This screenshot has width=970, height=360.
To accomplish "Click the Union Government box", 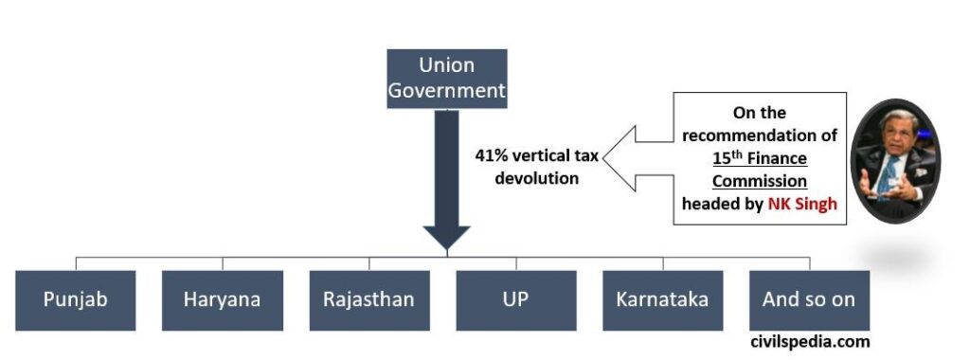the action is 447,79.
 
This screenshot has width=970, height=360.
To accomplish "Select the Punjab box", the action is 76,299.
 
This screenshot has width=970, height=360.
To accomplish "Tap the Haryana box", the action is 223,299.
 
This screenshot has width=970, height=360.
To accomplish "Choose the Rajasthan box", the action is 368,299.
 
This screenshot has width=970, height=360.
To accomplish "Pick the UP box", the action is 515,299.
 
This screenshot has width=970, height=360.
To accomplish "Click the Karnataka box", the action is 662,299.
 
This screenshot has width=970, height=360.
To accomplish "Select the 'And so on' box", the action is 808,299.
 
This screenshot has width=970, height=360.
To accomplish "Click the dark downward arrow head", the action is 447,237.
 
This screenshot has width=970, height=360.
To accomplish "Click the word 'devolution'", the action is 537,178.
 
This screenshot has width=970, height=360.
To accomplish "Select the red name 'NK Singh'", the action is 802,204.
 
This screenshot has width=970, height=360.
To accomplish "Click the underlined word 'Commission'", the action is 760,181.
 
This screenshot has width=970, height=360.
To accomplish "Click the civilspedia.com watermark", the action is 809,342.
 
